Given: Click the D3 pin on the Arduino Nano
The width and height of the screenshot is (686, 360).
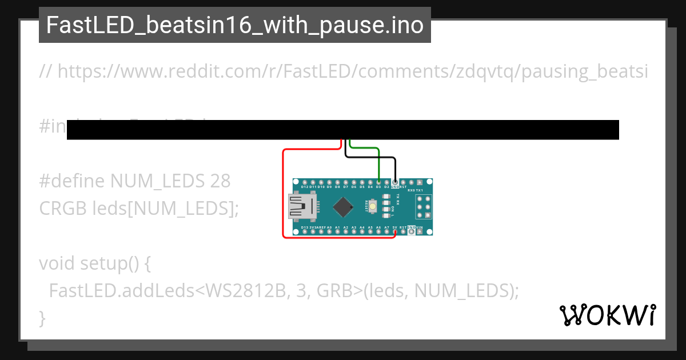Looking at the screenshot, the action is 378,182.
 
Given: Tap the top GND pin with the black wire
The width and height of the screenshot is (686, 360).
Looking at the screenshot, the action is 395,182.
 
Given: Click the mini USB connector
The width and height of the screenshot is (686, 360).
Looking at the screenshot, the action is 299,207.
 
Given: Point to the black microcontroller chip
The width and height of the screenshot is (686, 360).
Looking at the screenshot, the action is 342,207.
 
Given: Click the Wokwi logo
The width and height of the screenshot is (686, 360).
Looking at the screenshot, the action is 608,315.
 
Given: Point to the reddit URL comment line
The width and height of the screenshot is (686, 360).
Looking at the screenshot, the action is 343,72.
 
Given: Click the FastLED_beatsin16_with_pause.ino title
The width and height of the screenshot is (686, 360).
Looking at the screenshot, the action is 235,26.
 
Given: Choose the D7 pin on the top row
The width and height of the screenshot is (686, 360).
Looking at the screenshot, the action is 345,182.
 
